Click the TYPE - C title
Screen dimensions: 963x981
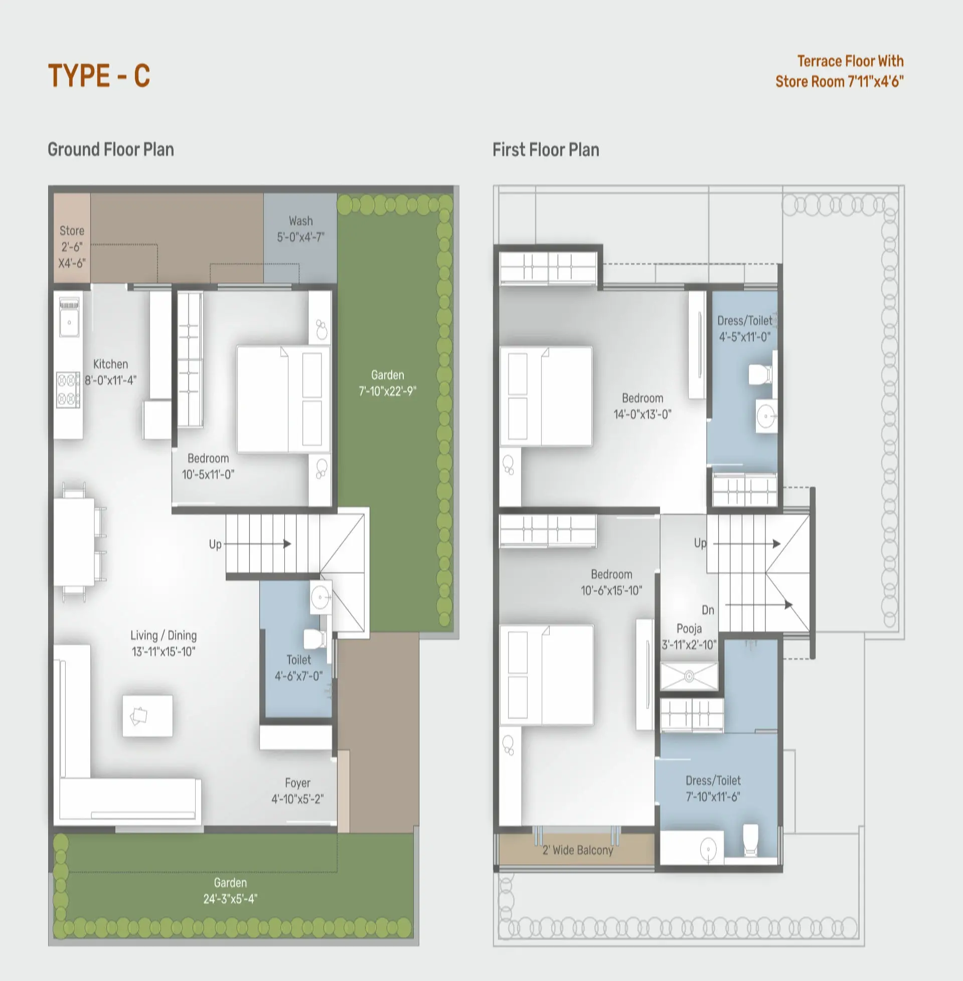tap(99, 76)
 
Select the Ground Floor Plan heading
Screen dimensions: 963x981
tap(111, 149)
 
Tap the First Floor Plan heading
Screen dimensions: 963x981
tap(546, 149)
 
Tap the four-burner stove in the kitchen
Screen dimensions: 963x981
tap(68, 390)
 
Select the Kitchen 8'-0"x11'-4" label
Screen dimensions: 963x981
tap(111, 372)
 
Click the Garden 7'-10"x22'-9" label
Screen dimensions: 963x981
tap(387, 383)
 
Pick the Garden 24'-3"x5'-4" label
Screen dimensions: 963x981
tap(230, 891)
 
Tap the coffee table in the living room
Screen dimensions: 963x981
tap(147, 716)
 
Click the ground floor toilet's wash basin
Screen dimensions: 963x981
tap(320, 597)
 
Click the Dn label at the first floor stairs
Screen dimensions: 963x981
tap(708, 610)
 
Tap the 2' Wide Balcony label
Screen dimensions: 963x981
tap(578, 851)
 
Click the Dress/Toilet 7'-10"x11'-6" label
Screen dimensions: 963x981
tap(713, 788)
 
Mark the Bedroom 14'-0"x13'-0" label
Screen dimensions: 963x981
tap(643, 406)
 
